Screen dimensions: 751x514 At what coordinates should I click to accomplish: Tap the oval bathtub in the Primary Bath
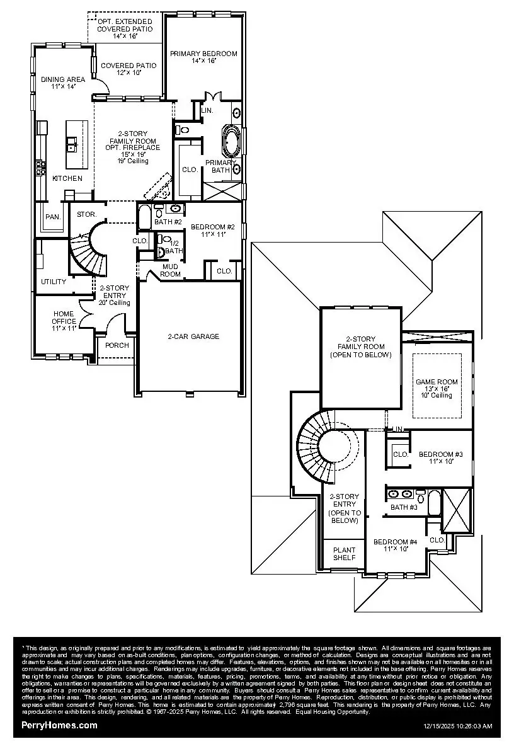pos(231,140)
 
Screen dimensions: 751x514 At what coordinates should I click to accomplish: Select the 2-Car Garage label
pos(193,336)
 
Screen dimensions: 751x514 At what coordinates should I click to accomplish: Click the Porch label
pos(117,345)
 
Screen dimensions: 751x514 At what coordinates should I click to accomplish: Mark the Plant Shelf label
pos(344,553)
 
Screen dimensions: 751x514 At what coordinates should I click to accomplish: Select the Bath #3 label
pos(404,507)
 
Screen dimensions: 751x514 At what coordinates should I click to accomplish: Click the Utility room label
pos(54,282)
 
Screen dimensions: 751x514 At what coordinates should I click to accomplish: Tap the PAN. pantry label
pos(53,217)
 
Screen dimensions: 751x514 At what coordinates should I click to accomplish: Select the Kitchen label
pos(67,178)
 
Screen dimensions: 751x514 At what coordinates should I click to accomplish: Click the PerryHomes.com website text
pos(59,725)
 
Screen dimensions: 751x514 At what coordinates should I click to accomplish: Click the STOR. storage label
pos(87,214)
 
